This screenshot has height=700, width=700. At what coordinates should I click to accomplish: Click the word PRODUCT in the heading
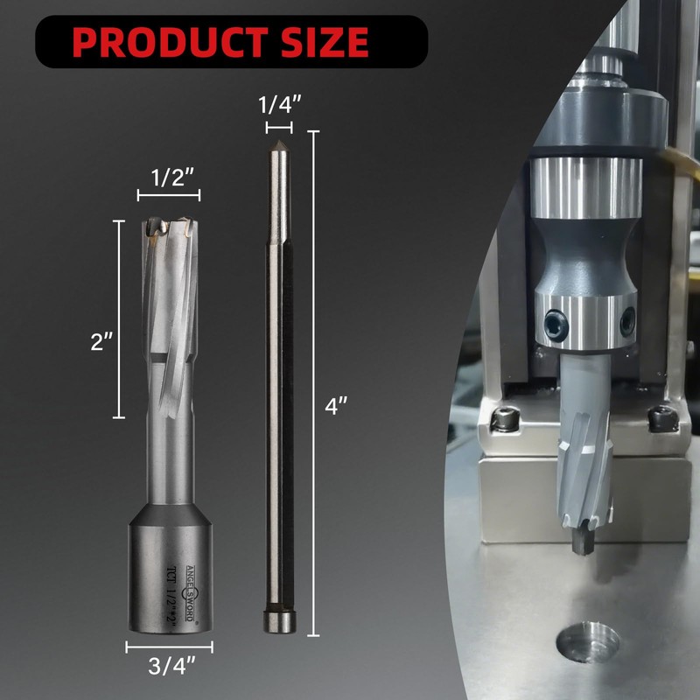pyautogui.click(x=170, y=42)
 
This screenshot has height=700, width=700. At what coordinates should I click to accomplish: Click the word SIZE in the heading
pyautogui.click(x=325, y=42)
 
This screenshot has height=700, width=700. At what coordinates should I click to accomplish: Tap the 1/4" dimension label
pyautogui.click(x=280, y=105)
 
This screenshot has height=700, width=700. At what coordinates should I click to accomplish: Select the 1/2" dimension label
pyautogui.click(x=171, y=178)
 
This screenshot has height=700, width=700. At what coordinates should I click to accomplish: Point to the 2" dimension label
pyautogui.click(x=101, y=342)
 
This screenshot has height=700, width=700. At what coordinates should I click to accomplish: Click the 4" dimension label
pyautogui.click(x=336, y=406)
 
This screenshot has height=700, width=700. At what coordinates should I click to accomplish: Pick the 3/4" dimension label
pyautogui.click(x=171, y=666)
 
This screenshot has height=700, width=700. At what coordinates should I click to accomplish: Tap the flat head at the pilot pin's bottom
pyautogui.click(x=279, y=622)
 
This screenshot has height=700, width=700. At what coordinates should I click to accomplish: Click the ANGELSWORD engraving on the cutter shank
pyautogui.click(x=191, y=593)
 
